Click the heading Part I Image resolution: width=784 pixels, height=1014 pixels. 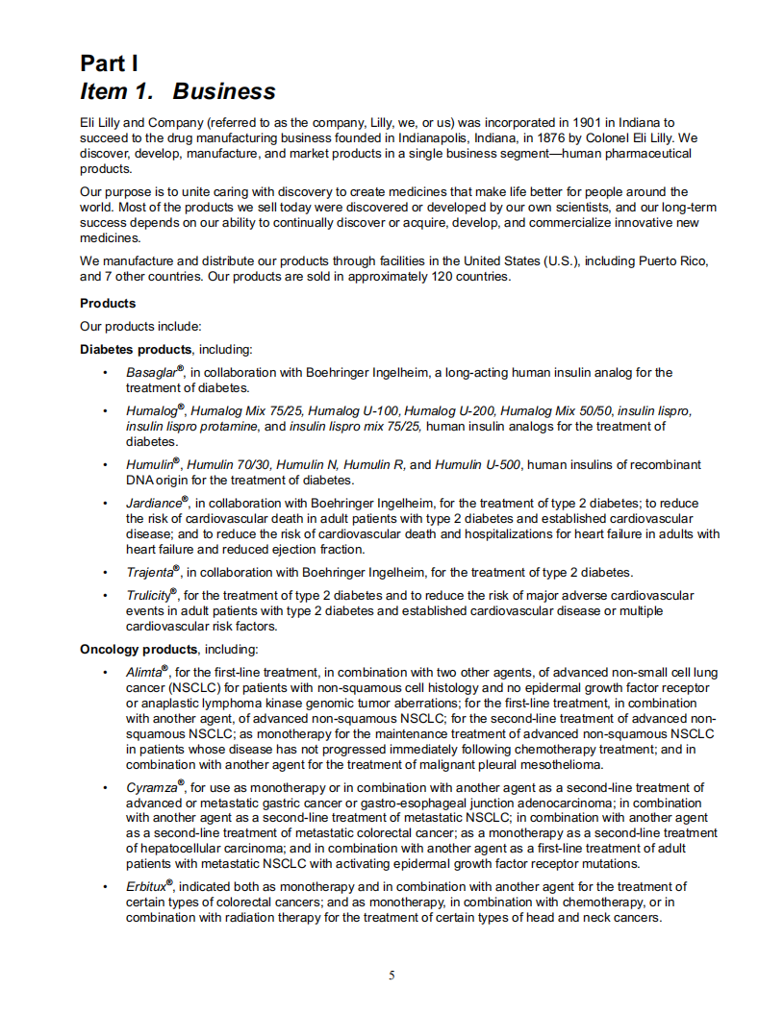[x=110, y=63]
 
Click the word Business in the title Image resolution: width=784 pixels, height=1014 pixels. [x=224, y=91]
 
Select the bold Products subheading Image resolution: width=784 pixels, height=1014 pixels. [x=108, y=304]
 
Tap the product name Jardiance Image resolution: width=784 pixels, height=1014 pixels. [x=154, y=504]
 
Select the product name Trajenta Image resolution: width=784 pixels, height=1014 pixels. [x=149, y=573]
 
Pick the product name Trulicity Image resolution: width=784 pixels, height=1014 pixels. [x=148, y=596]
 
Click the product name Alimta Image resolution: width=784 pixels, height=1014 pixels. [x=144, y=673]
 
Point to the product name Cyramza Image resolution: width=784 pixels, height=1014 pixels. [x=152, y=788]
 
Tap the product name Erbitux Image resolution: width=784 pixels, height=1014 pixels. [x=146, y=887]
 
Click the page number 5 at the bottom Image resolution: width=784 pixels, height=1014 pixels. [x=392, y=977]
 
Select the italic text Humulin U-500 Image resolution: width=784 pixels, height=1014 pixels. [x=478, y=465]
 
